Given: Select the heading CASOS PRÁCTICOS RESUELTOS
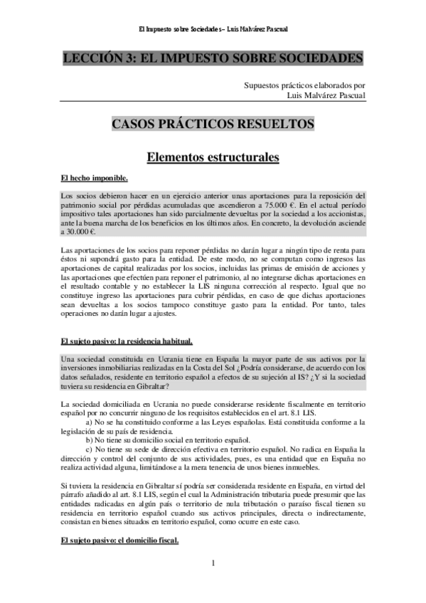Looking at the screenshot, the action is tap(213, 124).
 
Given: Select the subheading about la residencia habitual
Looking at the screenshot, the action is tap(127, 341).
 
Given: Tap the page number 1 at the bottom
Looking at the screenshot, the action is tap(213, 565).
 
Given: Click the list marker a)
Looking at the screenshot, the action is tap(90, 422).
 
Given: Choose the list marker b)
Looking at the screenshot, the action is tap(90, 440).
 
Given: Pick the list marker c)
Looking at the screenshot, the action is tap(90, 449).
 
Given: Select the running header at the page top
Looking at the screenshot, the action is tap(213, 30).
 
